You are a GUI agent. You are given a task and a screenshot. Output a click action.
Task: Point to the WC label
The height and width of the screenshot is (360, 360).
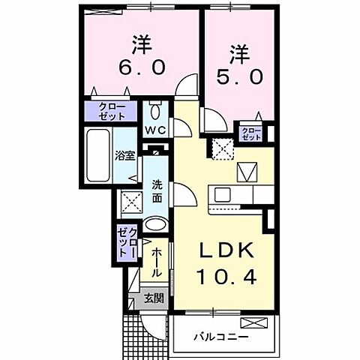click(156, 130)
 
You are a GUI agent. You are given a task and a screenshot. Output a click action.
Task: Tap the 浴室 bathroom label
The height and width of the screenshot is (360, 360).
click(124, 156)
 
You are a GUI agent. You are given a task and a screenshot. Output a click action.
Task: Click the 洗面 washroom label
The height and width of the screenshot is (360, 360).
click(157, 191)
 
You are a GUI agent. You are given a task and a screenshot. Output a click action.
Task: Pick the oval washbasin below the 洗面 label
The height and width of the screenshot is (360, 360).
click(155, 224)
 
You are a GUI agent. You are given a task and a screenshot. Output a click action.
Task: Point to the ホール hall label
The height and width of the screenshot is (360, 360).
click(156, 263)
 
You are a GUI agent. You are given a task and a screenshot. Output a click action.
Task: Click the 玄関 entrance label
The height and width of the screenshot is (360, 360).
click(153, 298)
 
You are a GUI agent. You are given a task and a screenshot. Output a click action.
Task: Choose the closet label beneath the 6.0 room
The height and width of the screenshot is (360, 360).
click(112, 112)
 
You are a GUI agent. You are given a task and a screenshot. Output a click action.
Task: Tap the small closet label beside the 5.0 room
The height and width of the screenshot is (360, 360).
click(250, 134)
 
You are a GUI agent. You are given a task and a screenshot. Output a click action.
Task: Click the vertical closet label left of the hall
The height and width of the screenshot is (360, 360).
click(127, 242)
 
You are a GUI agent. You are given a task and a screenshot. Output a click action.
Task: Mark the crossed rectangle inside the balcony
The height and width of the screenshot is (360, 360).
click(255, 323)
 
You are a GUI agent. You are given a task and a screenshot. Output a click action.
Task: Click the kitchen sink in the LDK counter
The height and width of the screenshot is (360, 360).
click(223, 195)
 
